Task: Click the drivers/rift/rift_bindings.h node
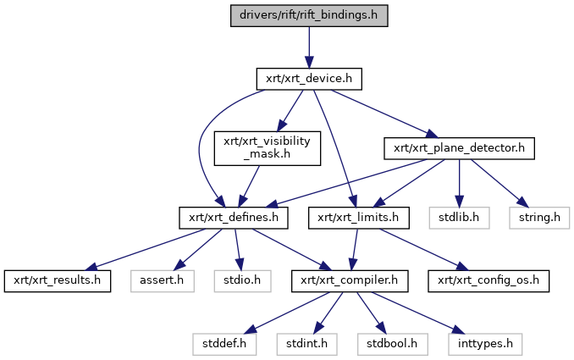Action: [x=309, y=16]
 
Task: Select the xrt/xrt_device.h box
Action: [x=309, y=79]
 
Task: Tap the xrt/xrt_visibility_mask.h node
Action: [x=267, y=148]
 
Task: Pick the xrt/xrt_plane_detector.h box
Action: [x=459, y=147]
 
